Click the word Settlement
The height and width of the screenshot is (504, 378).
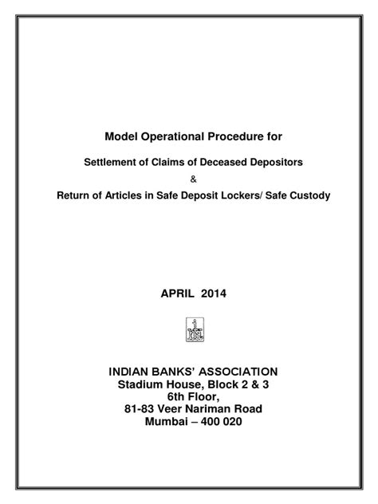pos(113,162)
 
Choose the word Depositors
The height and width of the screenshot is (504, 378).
pos(267,162)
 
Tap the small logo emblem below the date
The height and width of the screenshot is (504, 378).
pos(191,329)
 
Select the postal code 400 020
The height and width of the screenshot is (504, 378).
pos(218,423)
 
